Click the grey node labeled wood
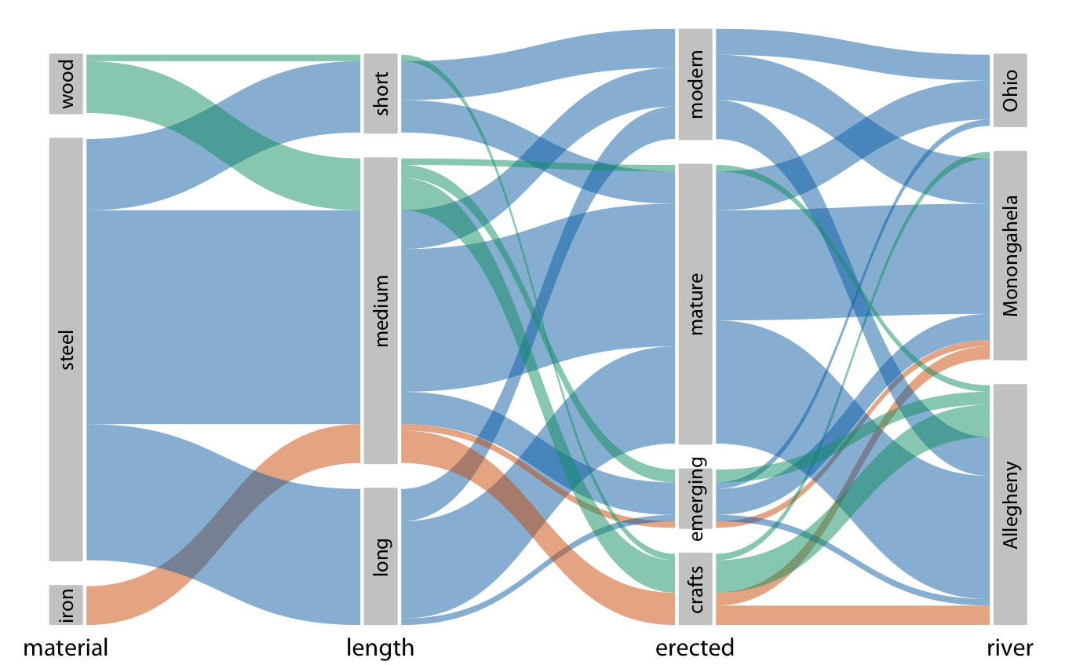coord(66,84)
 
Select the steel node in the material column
coord(66,349)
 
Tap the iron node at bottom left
coord(66,605)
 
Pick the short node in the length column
coord(381,93)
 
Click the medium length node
coord(381,310)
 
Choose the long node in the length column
coord(381,556)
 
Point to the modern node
coord(695,84)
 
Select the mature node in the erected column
coord(695,304)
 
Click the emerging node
coord(695,499)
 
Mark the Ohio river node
coord(1010,90)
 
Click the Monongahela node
coord(1010,255)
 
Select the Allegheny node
coord(1010,504)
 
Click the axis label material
coord(66,649)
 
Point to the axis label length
coord(381,649)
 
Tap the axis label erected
coord(695,649)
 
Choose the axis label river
coord(1010,649)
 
